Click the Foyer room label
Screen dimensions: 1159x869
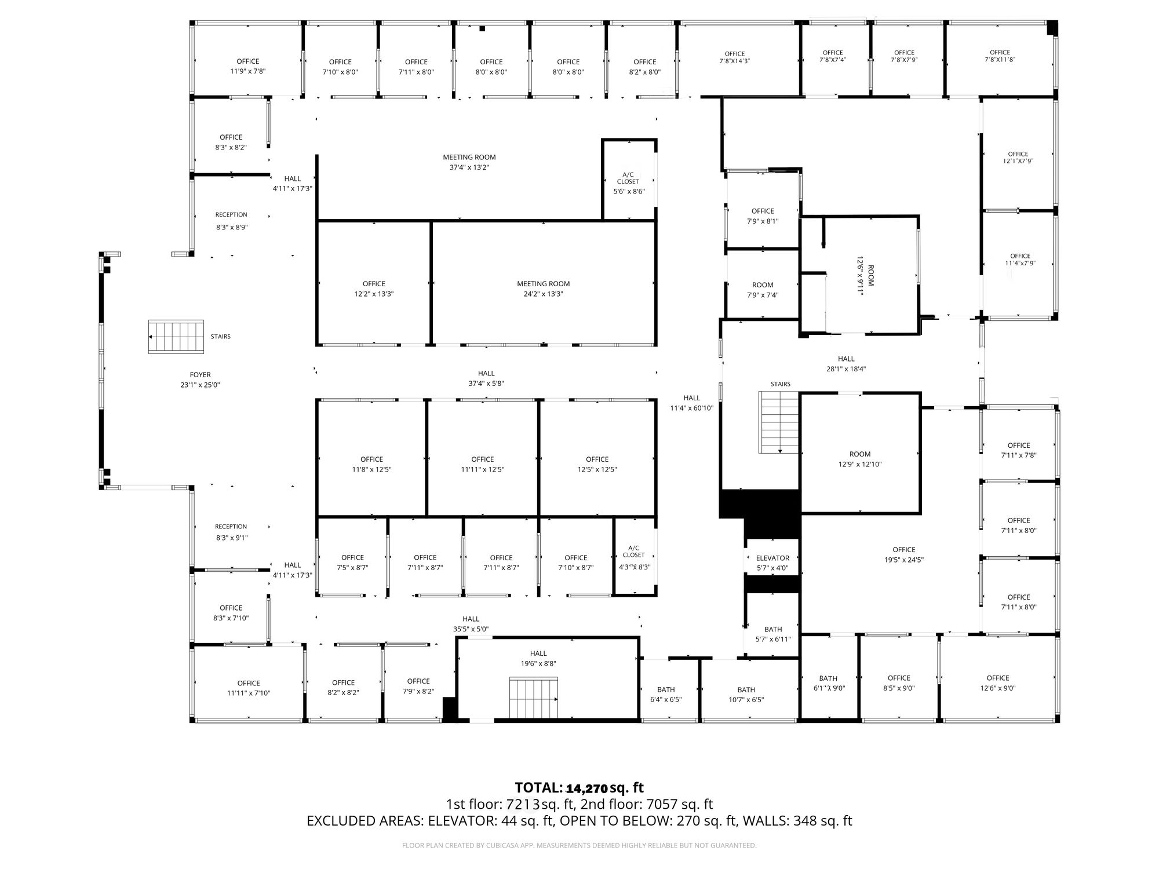coord(200,375)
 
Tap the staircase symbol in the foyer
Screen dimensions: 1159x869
coord(176,337)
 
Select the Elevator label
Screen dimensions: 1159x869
coord(772,558)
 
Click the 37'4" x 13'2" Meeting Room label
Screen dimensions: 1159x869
coord(469,162)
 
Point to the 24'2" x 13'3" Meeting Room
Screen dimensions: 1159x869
coord(544,289)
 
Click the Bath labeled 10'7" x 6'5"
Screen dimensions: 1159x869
coord(746,695)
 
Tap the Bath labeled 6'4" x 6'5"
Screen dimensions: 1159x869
coord(666,695)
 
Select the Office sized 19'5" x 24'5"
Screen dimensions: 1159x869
coord(904,555)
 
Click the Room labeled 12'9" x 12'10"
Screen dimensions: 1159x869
coord(860,459)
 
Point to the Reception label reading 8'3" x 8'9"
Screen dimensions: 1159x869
coord(231,221)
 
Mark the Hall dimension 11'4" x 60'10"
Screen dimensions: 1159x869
coord(692,408)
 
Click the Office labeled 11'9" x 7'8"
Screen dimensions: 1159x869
coord(248,67)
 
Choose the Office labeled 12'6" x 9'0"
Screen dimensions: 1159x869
coord(998,683)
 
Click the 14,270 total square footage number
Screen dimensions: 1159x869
coord(587,788)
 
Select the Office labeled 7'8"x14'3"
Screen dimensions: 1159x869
coord(735,57)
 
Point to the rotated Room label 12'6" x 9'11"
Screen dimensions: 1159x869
coord(865,276)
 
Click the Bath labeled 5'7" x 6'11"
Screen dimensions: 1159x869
coord(773,634)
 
